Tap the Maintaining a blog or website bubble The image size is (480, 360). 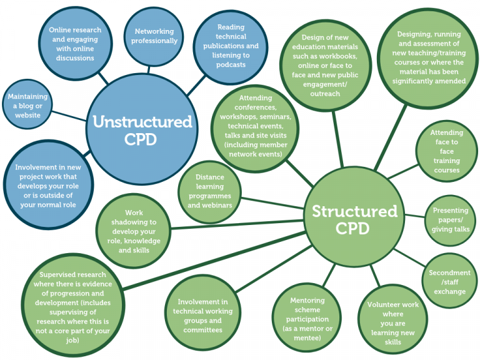point(27,106)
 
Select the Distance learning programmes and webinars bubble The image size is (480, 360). point(209,191)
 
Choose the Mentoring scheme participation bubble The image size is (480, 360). point(307,319)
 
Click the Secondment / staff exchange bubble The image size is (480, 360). point(449,282)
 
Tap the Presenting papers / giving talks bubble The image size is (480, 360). point(450,219)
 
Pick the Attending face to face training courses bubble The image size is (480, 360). point(446,151)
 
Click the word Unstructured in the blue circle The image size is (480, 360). point(142,121)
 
